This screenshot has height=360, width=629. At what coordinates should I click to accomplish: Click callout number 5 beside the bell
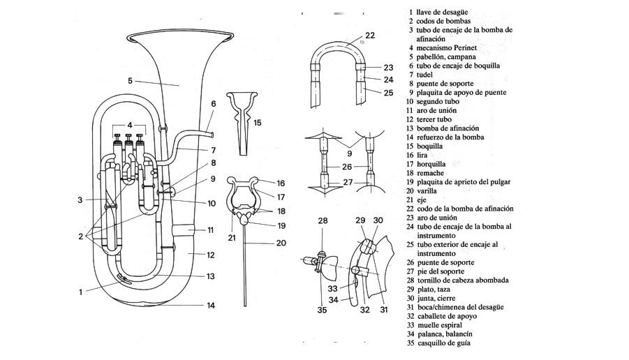130,81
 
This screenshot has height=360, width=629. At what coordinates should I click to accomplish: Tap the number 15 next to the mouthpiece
258,123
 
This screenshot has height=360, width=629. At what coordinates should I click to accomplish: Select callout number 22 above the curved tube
369,35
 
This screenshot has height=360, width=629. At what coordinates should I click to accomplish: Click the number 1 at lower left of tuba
81,292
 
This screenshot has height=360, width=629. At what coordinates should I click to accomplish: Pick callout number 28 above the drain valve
323,220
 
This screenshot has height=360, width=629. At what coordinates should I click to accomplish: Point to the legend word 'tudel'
426,74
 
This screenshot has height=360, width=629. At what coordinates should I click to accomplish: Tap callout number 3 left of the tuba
81,200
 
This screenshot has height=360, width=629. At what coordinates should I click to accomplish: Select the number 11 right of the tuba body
209,230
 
